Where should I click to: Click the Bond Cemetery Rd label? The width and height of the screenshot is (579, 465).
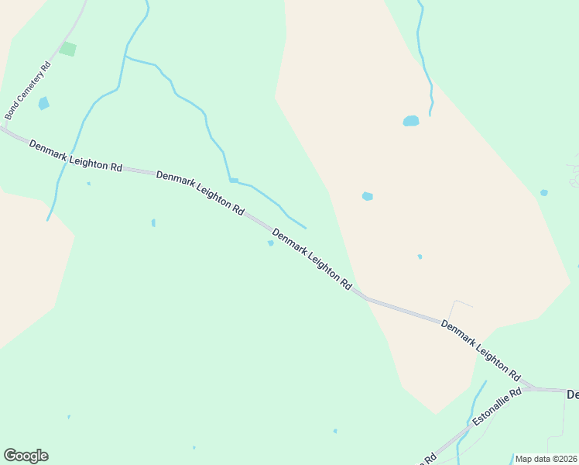tap(27, 91)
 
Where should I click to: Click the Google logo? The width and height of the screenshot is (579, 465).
tap(26, 456)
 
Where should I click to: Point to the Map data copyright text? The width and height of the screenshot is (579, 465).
tap(546, 459)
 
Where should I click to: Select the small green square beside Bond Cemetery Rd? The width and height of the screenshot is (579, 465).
tap(68, 50)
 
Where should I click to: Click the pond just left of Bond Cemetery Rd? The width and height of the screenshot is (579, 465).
tap(43, 103)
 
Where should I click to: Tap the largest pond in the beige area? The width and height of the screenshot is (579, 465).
tap(411, 121)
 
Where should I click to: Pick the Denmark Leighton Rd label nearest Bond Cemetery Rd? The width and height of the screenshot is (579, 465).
tap(76, 157)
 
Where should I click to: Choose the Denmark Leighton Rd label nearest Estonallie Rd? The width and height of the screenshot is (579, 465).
tap(480, 349)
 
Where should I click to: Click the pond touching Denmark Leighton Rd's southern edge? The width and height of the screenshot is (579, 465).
tap(271, 243)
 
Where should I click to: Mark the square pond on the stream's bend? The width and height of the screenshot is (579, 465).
tap(233, 181)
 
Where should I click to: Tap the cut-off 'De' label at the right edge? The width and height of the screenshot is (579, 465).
tap(573, 394)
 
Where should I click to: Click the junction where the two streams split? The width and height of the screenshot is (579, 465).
tap(125, 57)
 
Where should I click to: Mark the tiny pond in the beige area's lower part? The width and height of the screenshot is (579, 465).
tap(420, 257)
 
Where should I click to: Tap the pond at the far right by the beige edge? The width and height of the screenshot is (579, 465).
tap(544, 192)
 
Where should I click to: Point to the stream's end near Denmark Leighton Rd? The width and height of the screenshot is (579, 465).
tap(306, 229)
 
